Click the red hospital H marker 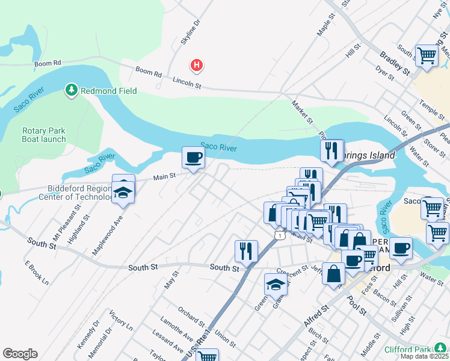pyautogui.click(x=196, y=65)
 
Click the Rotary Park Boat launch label pyautogui.click(x=44, y=135)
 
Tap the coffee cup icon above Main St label pyautogui.click(x=193, y=158)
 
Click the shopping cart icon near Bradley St pyautogui.click(x=427, y=55)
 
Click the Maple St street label pyautogui.click(x=325, y=26)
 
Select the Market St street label pyautogui.click(x=303, y=113)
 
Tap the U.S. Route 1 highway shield pyautogui.click(x=279, y=235)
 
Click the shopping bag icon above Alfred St pyautogui.click(x=333, y=274)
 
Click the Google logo pyautogui.click(x=20, y=354)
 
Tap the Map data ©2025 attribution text pyautogui.click(x=424, y=356)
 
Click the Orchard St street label pyautogui.click(x=191, y=313)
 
